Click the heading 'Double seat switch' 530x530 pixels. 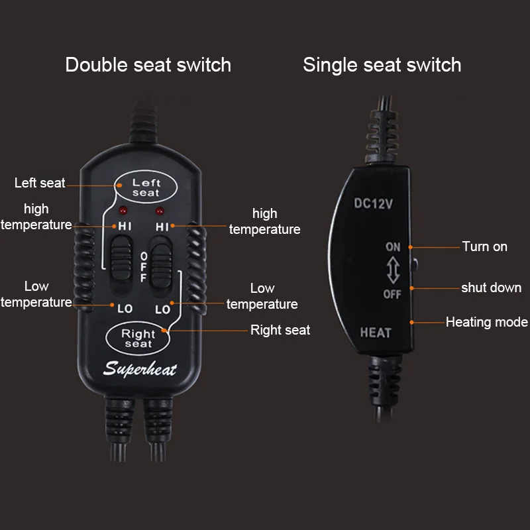tap(148, 65)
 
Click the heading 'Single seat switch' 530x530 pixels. tap(382, 65)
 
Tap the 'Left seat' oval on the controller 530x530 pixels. tap(146, 187)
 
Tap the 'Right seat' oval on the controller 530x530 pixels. tap(138, 338)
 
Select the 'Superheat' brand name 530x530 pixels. tap(140, 369)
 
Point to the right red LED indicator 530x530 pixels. tap(159, 212)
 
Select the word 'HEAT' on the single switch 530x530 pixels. tap(376, 333)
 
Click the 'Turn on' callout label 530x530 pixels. tap(485, 246)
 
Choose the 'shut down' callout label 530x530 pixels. tap(491, 288)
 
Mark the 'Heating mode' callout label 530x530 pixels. tap(487, 323)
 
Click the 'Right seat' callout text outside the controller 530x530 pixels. tap(280, 330)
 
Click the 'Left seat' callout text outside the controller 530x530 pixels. tap(40, 183)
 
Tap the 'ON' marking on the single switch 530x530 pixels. tap(394, 247)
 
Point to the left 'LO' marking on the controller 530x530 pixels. tap(125, 309)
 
